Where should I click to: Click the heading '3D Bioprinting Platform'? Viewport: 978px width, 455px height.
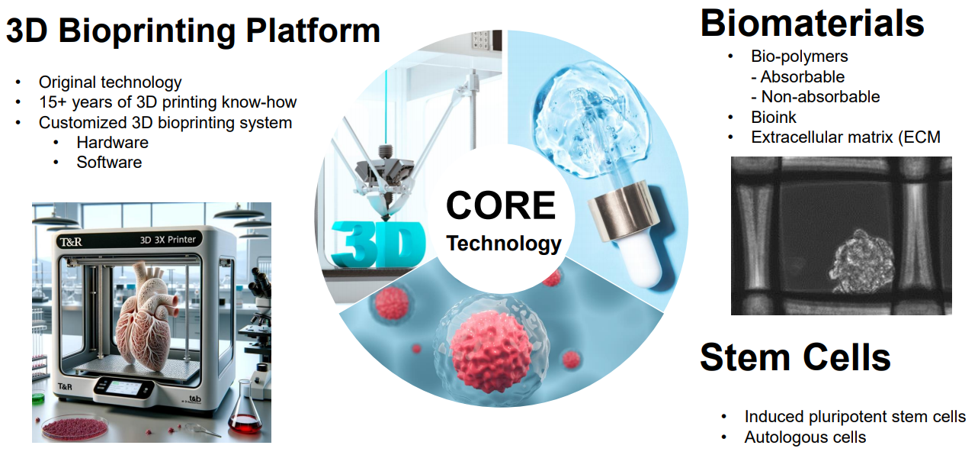coord(193,31)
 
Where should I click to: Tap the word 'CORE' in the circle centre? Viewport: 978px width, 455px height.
coord(501,205)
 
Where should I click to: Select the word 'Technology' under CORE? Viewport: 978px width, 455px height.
coord(503,244)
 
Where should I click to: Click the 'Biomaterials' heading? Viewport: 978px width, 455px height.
coord(812,23)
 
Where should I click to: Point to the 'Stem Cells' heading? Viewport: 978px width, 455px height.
coord(795,357)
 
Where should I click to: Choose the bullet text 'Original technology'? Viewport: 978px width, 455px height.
coord(110,82)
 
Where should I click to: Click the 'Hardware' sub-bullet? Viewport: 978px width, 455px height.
coord(112,143)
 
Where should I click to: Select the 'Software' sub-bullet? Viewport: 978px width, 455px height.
coord(109,162)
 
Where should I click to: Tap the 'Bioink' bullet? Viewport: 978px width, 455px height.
coord(773,117)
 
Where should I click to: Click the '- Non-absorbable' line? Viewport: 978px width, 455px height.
coord(815,97)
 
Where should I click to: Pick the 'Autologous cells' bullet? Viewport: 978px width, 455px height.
coord(805,437)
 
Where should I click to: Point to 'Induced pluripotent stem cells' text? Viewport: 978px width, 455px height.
coord(855,417)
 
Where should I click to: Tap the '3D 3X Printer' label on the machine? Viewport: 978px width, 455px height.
coord(168,240)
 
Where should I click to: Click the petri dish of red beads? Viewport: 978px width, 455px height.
coord(74,427)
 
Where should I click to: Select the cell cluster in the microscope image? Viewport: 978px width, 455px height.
coord(861,263)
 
